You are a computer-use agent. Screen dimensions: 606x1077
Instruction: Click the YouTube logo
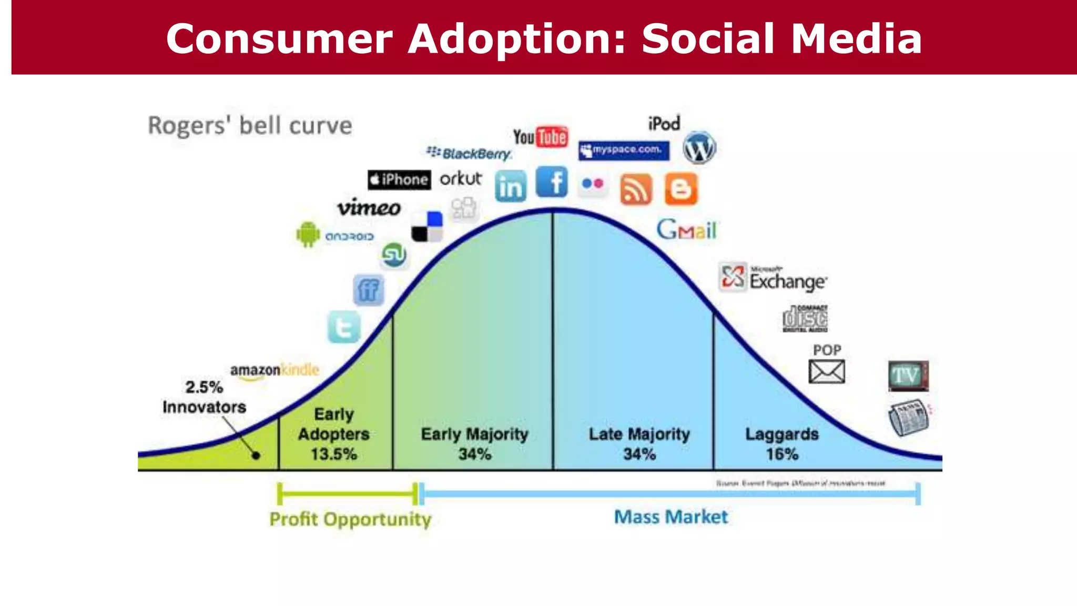(x=541, y=137)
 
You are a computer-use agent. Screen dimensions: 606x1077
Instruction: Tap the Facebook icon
(x=552, y=182)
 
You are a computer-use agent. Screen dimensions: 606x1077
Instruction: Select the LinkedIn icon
(x=510, y=186)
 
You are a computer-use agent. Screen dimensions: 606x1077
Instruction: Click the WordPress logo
(x=699, y=148)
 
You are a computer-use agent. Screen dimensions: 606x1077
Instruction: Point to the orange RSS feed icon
(x=636, y=189)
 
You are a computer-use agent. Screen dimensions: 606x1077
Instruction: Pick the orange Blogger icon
(x=681, y=189)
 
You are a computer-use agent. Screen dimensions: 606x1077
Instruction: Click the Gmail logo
(x=686, y=230)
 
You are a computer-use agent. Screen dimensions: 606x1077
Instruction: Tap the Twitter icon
(x=344, y=327)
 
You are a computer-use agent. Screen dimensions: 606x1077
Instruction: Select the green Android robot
(x=308, y=235)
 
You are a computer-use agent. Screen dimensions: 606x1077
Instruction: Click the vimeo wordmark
(x=369, y=207)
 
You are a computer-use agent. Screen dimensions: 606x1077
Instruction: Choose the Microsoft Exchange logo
(x=773, y=277)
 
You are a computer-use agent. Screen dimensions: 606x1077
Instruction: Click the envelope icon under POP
(x=827, y=372)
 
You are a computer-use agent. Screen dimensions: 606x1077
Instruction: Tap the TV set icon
(x=908, y=376)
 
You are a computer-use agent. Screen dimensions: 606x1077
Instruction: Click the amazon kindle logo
(x=275, y=370)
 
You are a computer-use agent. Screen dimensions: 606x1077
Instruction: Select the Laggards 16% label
(x=782, y=443)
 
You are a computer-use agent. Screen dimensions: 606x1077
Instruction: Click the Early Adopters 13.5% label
(x=334, y=434)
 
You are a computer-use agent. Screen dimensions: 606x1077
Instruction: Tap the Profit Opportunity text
(x=350, y=519)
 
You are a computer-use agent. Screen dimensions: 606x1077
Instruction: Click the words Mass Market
(x=671, y=517)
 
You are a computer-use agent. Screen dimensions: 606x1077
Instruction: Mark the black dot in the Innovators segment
(x=256, y=456)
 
